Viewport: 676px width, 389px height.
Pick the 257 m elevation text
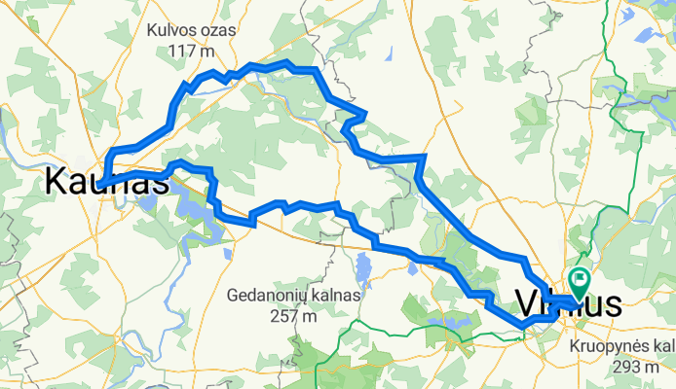tap(297, 315)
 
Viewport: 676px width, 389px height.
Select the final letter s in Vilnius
tap(612, 304)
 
